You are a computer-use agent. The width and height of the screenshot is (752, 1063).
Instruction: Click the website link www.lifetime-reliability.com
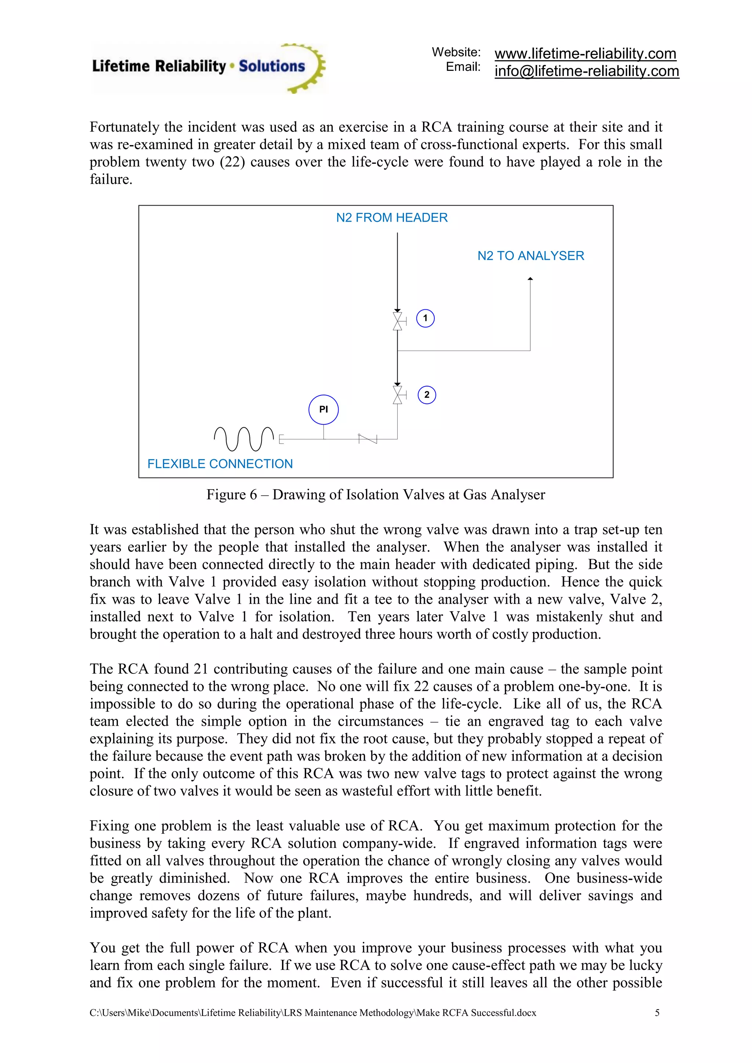[x=585, y=54]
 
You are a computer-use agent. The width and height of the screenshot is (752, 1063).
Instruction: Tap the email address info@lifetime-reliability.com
[x=587, y=71]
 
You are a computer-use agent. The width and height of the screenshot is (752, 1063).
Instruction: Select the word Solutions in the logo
[x=272, y=66]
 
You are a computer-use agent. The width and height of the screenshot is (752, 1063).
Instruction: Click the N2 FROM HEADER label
[x=392, y=218]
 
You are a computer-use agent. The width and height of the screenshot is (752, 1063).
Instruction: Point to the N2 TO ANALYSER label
[x=531, y=255]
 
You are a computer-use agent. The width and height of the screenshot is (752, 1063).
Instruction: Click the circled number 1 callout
[x=425, y=318]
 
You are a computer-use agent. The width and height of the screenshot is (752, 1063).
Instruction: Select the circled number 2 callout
[x=426, y=395]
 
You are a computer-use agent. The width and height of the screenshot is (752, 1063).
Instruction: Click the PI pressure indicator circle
[x=323, y=409]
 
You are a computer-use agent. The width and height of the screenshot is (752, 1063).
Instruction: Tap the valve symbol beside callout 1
[x=398, y=321]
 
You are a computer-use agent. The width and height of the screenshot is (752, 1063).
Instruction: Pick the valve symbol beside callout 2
[x=398, y=395]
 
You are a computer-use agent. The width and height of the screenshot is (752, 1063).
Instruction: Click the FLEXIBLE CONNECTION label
[x=220, y=464]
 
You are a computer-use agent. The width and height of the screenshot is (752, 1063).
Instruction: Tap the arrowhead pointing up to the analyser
[x=530, y=279]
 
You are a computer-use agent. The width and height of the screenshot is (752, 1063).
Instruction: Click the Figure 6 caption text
[x=376, y=494]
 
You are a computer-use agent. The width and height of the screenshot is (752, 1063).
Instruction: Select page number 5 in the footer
[x=657, y=1013]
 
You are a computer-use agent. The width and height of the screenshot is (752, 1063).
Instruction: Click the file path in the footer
[x=312, y=1013]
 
